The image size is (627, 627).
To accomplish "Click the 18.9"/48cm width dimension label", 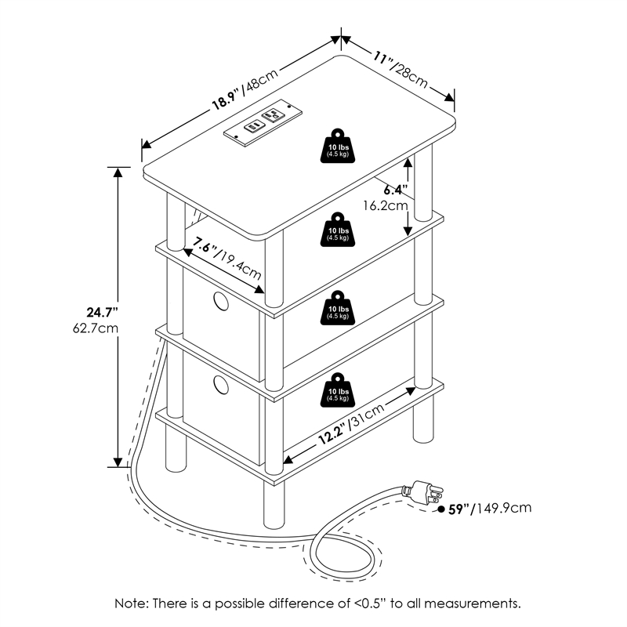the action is point(245,89).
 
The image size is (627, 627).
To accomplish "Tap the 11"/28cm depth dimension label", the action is point(400,70).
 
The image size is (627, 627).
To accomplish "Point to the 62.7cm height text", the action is point(96,328).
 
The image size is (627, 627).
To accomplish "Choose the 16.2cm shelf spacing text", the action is point(386,206).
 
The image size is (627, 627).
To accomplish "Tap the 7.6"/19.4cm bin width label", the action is point(227,258).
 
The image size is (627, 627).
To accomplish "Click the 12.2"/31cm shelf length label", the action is point(350,424).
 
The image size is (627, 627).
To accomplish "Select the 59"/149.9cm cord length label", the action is point(489,508).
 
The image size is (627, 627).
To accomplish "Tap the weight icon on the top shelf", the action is point(338,146).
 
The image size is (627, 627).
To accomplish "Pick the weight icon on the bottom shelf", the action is point(338,390).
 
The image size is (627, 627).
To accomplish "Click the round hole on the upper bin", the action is point(221,301).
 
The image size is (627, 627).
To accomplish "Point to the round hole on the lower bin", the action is point(221,385).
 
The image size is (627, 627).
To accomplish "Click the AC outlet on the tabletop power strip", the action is point(272,114).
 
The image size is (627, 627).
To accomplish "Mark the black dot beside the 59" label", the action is point(441,509).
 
